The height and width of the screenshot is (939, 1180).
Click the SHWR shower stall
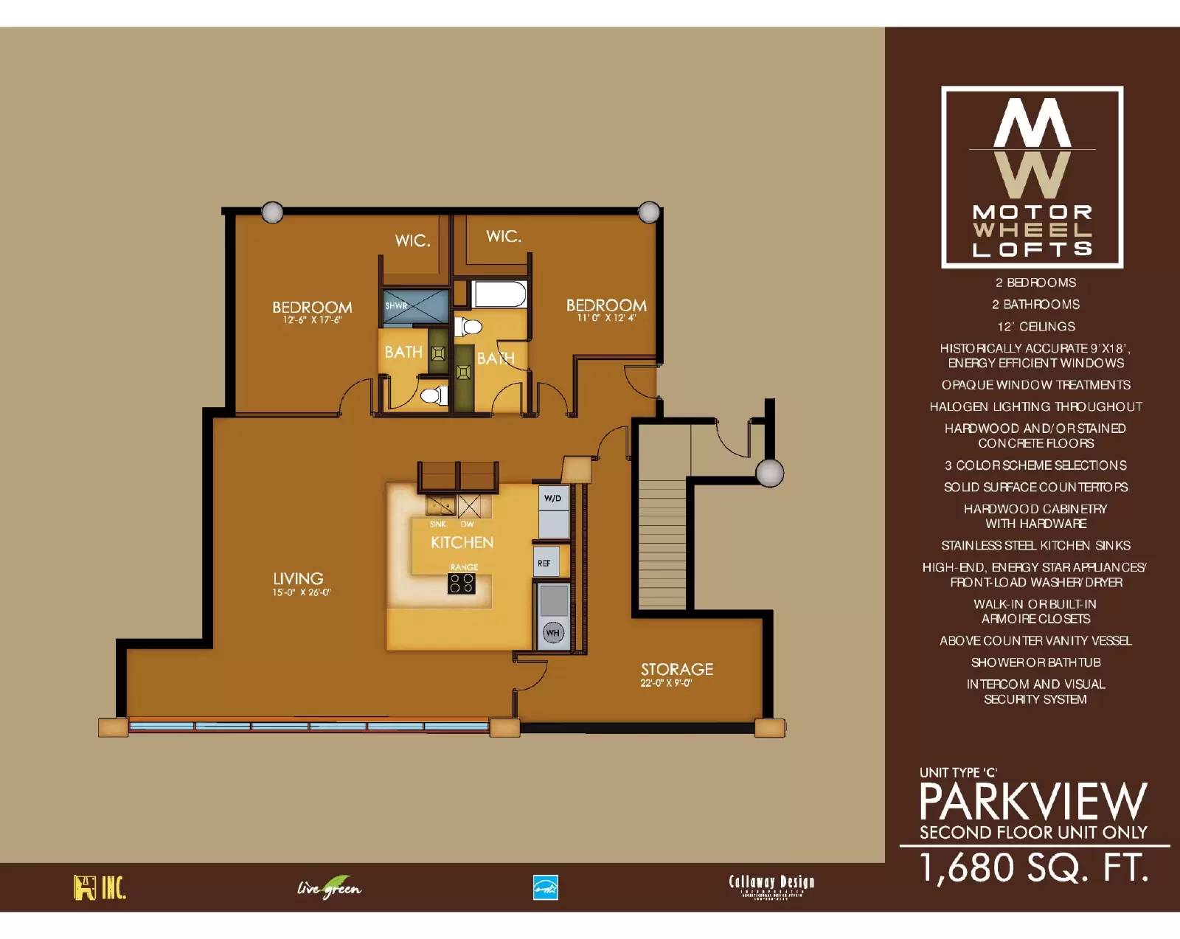[415, 307]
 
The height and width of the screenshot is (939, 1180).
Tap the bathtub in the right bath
[500, 294]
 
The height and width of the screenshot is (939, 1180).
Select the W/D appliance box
[553, 499]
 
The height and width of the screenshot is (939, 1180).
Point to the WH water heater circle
[553, 632]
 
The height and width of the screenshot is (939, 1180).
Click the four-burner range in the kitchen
[462, 583]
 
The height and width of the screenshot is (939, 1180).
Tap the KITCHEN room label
[462, 543]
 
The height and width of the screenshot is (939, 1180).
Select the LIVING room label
[298, 579]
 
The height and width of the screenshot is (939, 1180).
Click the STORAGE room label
[676, 670]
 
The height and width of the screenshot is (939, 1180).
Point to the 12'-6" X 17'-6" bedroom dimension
[312, 321]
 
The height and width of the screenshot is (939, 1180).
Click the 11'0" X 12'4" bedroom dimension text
[606, 318]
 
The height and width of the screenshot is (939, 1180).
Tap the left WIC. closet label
[412, 240]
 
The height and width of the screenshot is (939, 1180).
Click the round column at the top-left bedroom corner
[272, 212]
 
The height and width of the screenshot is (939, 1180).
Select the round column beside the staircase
[769, 473]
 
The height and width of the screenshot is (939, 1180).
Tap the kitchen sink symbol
[440, 506]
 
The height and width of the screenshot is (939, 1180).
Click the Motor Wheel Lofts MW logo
[1032, 177]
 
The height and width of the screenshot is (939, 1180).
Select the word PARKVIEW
[1032, 802]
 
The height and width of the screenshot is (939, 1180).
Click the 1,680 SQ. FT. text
[1034, 867]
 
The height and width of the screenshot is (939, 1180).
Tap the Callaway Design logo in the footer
[771, 885]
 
